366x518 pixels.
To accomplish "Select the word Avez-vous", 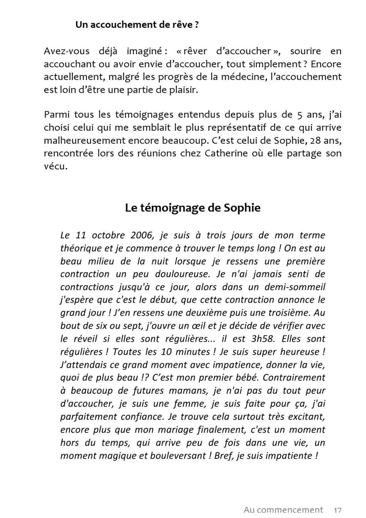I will tap(66, 51).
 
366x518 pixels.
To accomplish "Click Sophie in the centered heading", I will tap(242, 208).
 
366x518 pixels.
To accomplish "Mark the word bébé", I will tap(249, 377).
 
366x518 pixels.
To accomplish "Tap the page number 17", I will tap(337, 510).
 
